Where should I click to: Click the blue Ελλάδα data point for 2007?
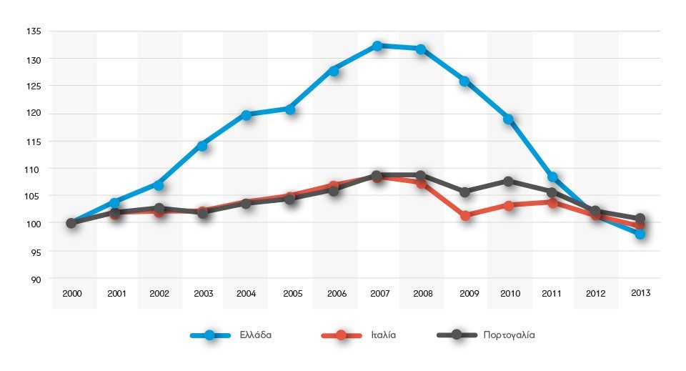[x=377, y=46]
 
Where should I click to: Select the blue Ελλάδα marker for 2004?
[x=246, y=115]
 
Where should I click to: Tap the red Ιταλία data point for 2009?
[x=465, y=215]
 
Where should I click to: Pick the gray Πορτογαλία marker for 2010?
[x=509, y=182]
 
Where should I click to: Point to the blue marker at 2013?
[x=640, y=234]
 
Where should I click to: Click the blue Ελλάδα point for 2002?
[x=159, y=185]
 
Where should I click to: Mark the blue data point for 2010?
[x=509, y=119]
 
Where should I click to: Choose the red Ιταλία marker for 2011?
[x=552, y=203]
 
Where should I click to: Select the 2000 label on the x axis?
[x=71, y=294]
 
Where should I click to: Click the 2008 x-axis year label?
[x=421, y=294]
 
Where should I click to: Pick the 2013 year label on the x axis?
[x=640, y=293]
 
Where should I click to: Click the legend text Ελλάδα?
[x=256, y=335]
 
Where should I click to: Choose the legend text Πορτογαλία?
[x=509, y=335]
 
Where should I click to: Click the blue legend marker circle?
[x=210, y=335]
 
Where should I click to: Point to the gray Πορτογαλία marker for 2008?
[x=421, y=176]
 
